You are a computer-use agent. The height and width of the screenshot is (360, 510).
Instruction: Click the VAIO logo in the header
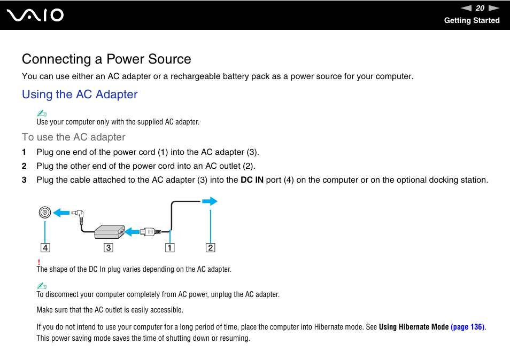36,15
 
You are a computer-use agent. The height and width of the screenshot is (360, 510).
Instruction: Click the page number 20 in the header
480,8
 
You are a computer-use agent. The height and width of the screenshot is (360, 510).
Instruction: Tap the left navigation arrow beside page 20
466,8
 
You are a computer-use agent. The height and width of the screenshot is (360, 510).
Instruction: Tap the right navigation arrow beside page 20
493,8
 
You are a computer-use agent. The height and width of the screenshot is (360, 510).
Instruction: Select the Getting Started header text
472,20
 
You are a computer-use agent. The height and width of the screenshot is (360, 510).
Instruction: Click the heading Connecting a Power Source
106,59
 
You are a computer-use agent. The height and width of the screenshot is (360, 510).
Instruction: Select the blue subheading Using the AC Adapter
80,95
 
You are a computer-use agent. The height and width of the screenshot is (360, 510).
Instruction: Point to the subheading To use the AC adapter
74,137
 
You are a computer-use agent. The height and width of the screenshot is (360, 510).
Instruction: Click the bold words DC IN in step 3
252,180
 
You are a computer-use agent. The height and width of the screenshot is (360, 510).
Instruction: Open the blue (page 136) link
468,327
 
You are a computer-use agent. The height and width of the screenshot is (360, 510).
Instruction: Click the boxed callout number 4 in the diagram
45,248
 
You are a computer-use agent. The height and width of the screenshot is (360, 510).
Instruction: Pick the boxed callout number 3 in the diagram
109,248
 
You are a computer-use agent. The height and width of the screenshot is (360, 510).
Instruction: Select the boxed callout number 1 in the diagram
169,248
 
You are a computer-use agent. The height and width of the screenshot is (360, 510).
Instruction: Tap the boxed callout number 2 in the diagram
211,248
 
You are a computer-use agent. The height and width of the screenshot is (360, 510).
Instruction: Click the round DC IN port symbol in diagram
45,213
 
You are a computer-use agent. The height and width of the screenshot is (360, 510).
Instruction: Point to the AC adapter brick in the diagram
110,232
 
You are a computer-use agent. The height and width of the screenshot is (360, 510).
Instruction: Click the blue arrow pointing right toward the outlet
210,201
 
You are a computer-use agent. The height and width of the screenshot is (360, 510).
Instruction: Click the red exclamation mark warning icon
38,262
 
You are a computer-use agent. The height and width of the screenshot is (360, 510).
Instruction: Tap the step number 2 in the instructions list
24,166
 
